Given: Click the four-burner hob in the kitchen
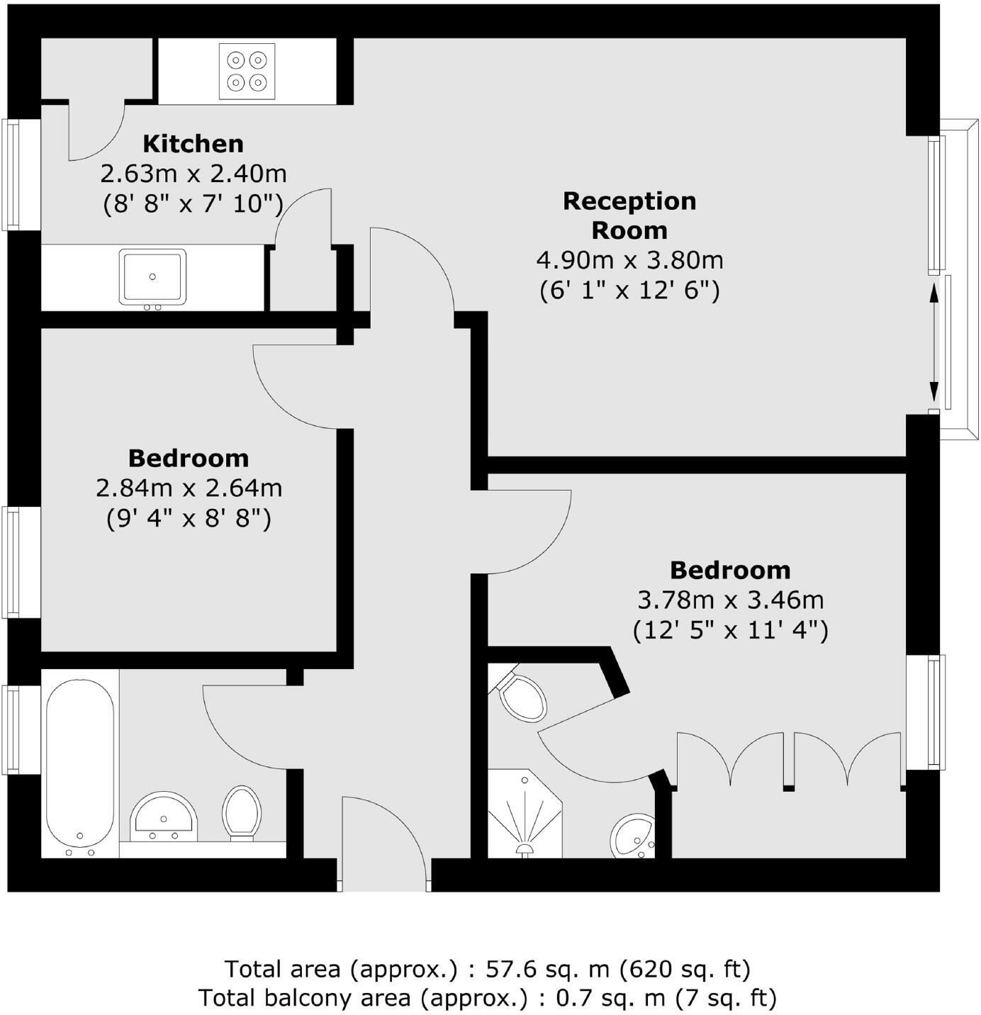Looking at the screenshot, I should [247, 71].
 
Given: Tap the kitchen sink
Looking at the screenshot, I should [152, 276].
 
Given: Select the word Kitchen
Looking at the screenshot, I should [193, 144].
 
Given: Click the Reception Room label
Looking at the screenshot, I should [629, 215].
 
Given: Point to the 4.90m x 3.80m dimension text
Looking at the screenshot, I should [629, 260].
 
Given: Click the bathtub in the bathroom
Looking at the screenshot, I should [80, 767].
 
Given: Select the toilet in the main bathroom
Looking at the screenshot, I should [242, 812].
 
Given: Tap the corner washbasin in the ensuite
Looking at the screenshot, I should [633, 836].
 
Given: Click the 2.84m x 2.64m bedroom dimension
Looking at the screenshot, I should [189, 488].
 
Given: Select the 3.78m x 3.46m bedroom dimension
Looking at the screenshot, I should [730, 600].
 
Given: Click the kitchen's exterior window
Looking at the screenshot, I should [12, 174].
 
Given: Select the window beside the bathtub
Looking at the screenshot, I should [12, 729].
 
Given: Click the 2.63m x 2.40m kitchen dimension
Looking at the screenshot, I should [193, 174].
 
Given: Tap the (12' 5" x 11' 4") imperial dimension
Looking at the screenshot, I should [730, 630].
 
